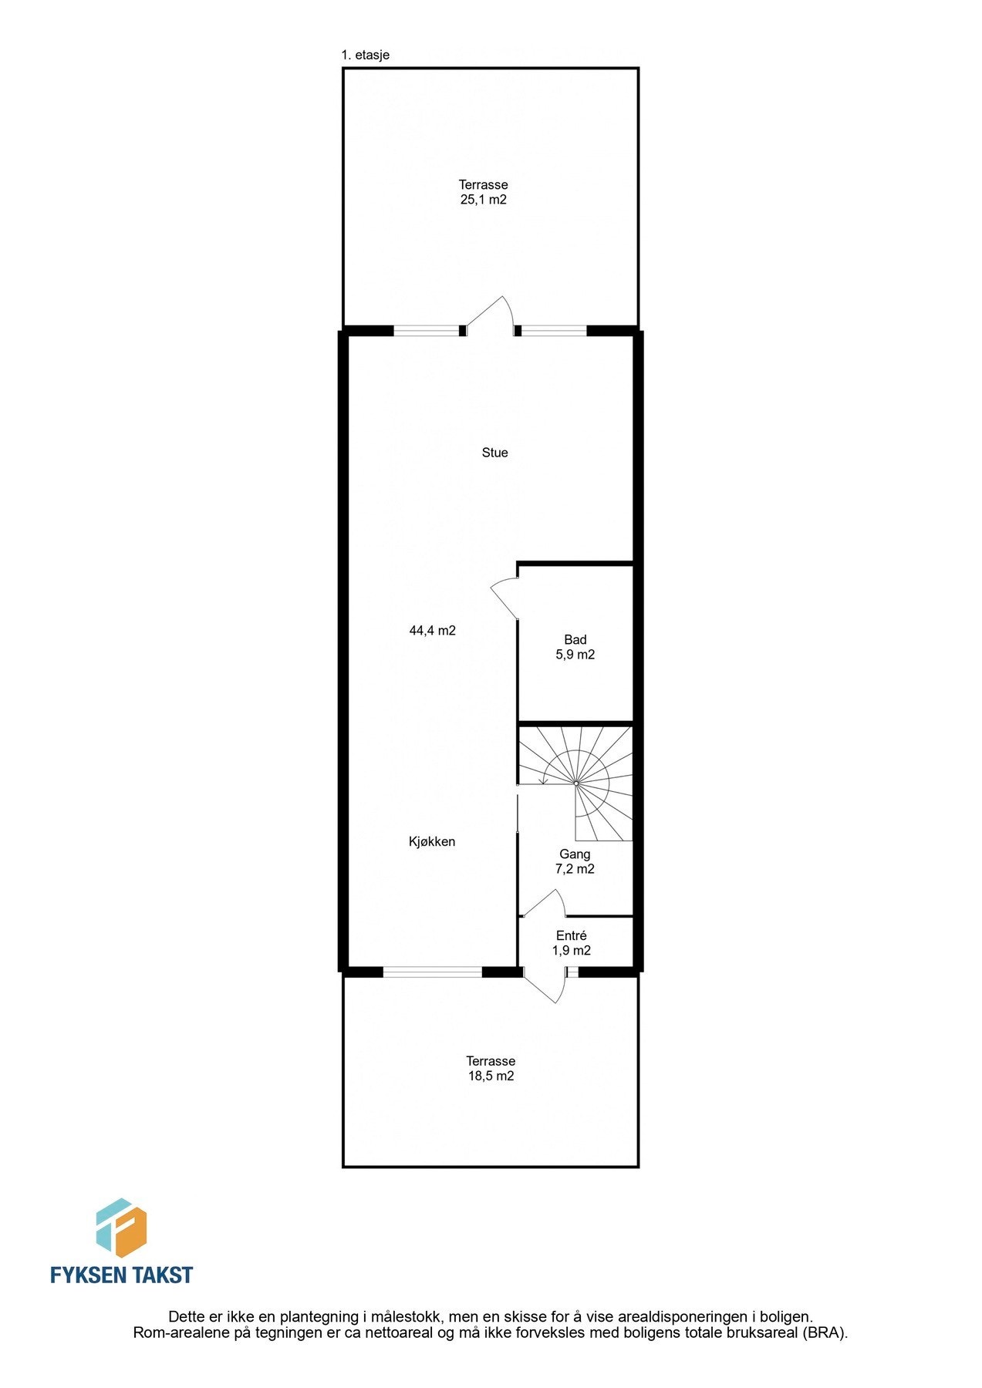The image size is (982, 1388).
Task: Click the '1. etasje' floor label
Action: [x=365, y=56]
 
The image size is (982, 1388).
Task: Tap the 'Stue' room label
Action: [x=494, y=453]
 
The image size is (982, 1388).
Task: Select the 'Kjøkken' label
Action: [x=432, y=841]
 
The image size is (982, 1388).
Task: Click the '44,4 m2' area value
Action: [x=432, y=630]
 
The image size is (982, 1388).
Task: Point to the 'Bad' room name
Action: [x=575, y=639]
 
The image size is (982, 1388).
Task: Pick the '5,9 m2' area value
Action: [x=575, y=655]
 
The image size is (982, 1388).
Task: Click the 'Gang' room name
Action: [x=575, y=854]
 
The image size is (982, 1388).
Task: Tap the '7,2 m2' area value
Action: [x=575, y=869]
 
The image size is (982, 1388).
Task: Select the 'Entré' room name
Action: [x=572, y=935]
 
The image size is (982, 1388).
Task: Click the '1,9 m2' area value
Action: [x=572, y=951]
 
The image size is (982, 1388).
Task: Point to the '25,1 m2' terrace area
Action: [x=483, y=200]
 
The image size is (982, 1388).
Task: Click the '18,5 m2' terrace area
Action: [x=491, y=1076]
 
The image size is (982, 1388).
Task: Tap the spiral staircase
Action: [x=576, y=783]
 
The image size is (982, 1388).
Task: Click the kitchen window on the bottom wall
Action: [x=433, y=972]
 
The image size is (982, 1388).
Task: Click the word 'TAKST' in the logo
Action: [x=160, y=1275]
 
